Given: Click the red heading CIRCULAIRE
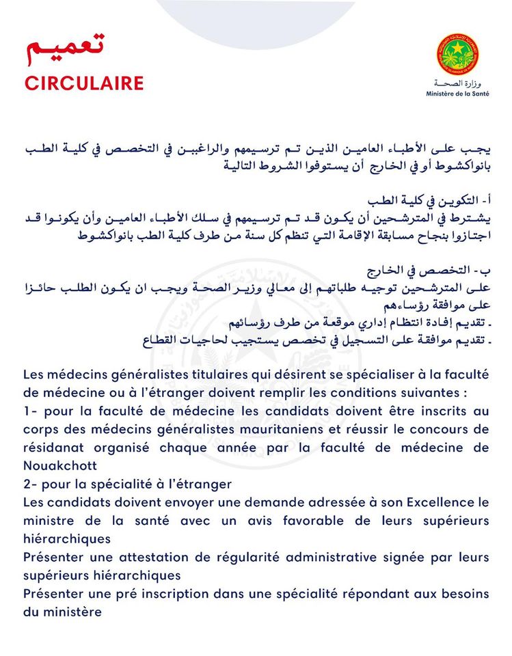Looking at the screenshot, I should pyautogui.click(x=84, y=83).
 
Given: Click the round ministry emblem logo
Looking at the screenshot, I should pyautogui.click(x=457, y=55).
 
